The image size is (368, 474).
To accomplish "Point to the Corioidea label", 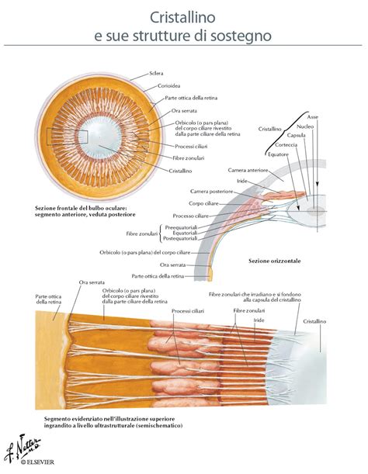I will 168,86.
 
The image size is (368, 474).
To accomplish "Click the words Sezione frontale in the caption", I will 58,208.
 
